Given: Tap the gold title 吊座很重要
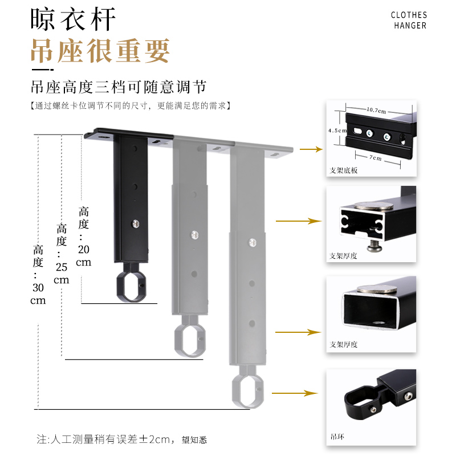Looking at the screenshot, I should click(100, 51).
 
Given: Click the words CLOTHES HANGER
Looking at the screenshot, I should click(409, 20).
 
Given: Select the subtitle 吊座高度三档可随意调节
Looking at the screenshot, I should click(118, 87).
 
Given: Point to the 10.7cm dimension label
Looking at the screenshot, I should click(376, 109).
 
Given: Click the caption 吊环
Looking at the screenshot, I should click(337, 438).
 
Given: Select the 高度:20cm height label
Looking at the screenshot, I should click(84, 236).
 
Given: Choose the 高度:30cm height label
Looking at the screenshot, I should click(38, 274).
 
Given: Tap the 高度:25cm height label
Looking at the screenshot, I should click(62, 254).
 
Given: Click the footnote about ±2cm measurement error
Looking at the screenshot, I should click(122, 439).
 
